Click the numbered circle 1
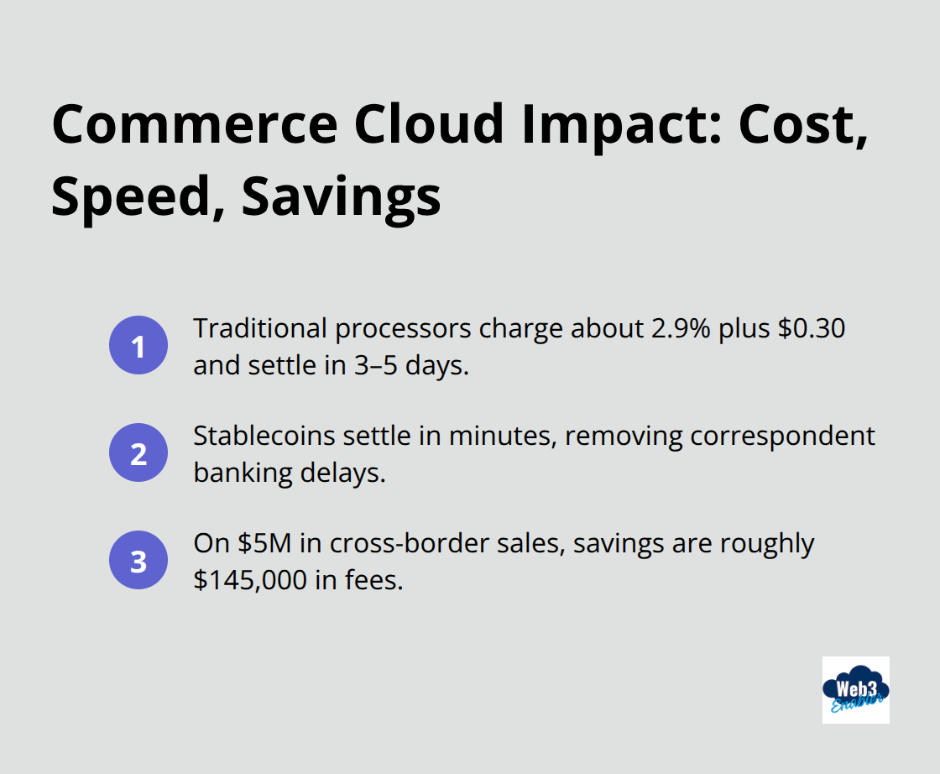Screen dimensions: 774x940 tap(138, 345)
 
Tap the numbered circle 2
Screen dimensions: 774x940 tap(138, 453)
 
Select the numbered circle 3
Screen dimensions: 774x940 tap(138, 561)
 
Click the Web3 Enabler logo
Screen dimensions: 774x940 tap(855, 690)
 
